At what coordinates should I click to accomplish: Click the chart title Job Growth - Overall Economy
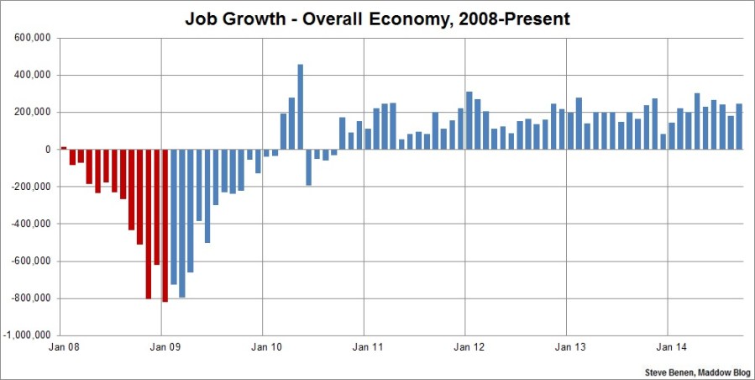tap(377, 18)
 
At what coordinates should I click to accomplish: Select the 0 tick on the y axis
tap(49, 150)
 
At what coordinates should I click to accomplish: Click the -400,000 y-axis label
tap(33, 224)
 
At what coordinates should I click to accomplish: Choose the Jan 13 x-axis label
tap(567, 346)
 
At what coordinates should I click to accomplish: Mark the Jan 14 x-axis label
tap(668, 346)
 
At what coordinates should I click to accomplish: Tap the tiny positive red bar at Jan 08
tap(64, 148)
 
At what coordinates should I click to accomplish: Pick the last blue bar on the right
tap(739, 126)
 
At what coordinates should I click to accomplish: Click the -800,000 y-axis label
tap(33, 298)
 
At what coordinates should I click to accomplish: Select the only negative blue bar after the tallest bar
tap(309, 167)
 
